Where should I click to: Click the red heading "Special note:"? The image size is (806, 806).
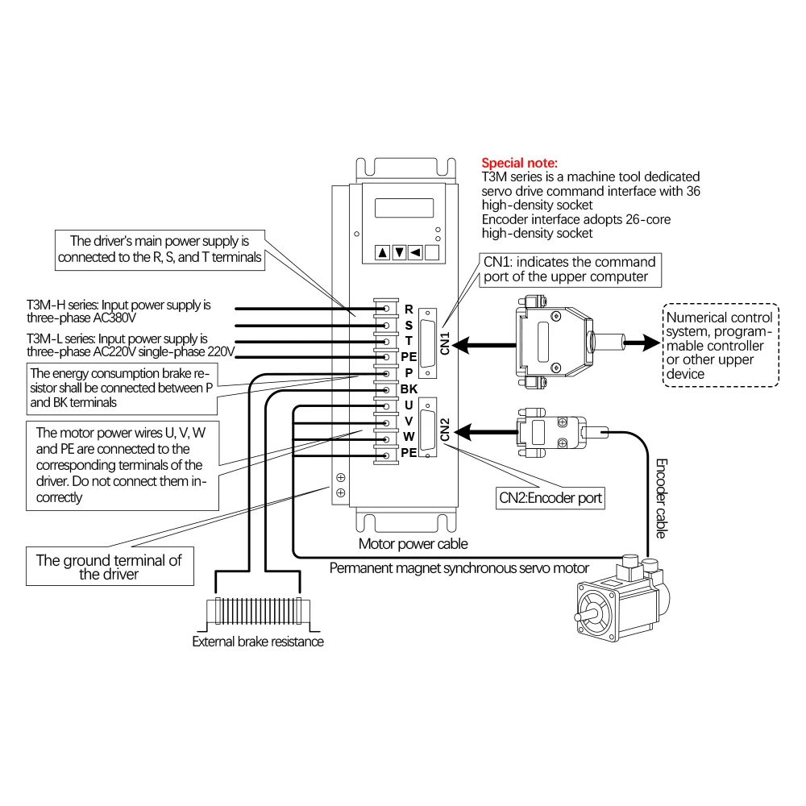pyautogui.click(x=519, y=163)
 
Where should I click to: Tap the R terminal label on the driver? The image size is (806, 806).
pyautogui.click(x=409, y=309)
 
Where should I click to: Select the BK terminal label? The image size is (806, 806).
pyautogui.click(x=409, y=389)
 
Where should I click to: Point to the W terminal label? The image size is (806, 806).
pyautogui.click(x=409, y=437)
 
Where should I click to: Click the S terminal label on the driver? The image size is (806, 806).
pyautogui.click(x=409, y=325)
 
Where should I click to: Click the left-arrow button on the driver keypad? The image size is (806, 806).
pyautogui.click(x=416, y=253)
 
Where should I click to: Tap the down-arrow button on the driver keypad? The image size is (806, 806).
pyautogui.click(x=399, y=253)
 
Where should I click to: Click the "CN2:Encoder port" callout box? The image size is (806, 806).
pyautogui.click(x=550, y=498)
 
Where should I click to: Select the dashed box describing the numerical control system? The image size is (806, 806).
pyautogui.click(x=719, y=346)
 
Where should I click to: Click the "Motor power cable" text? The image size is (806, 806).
pyautogui.click(x=413, y=544)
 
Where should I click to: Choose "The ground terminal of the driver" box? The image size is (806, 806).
pyautogui.click(x=109, y=567)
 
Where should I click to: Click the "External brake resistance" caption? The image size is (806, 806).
pyautogui.click(x=258, y=642)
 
